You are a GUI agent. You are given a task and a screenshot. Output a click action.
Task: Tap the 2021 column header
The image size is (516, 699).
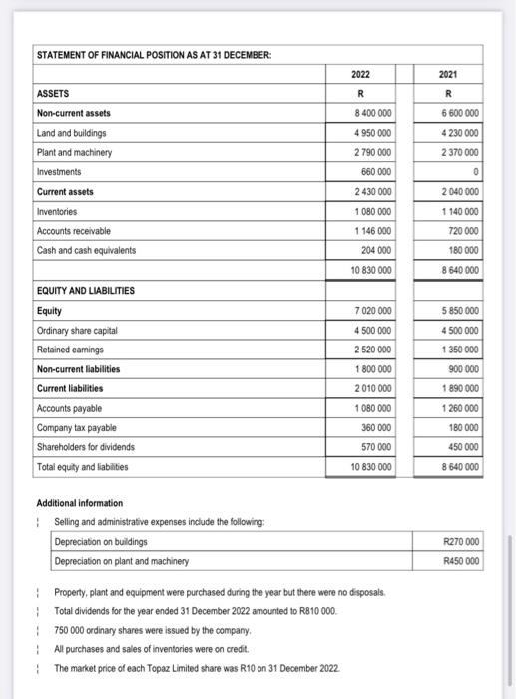click(x=460, y=74)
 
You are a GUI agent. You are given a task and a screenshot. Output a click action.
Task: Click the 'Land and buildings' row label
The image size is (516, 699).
click(x=73, y=132)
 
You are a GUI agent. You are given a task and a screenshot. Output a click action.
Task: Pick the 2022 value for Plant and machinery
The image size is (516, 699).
click(x=370, y=152)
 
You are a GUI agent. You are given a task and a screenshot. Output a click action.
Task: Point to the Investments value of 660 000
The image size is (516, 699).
click(x=374, y=171)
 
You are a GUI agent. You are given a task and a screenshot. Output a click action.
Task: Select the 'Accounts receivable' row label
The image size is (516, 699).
click(x=75, y=230)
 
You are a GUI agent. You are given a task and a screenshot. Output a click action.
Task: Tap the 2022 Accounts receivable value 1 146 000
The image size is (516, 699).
click(x=370, y=230)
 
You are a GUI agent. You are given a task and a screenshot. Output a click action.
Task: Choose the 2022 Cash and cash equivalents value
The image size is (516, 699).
click(x=374, y=249)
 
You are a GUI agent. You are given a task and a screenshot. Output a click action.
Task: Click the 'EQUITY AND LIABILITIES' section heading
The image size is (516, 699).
click(x=86, y=291)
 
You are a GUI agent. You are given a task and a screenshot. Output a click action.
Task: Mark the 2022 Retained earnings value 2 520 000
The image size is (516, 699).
click(x=370, y=349)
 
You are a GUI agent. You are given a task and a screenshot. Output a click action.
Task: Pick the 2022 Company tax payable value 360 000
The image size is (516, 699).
click(x=374, y=427)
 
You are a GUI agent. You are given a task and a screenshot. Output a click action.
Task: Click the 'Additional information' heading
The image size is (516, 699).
click(x=79, y=503)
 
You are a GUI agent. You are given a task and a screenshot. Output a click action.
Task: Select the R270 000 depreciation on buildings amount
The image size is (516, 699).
click(x=459, y=541)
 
